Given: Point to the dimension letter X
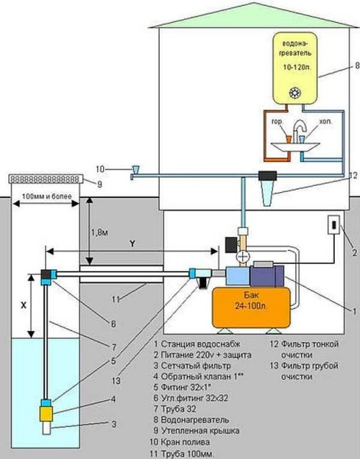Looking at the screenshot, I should click(x=24, y=303).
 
